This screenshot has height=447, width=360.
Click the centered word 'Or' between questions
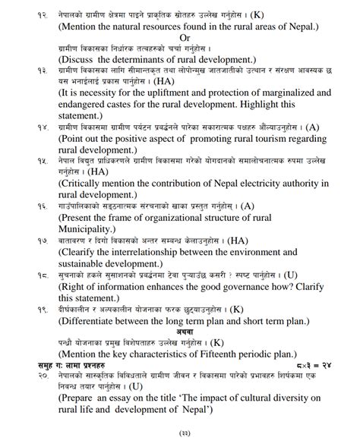(x=185, y=37)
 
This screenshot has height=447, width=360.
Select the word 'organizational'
(x=188, y=218)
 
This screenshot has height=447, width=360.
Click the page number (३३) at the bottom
(x=182, y=434)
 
